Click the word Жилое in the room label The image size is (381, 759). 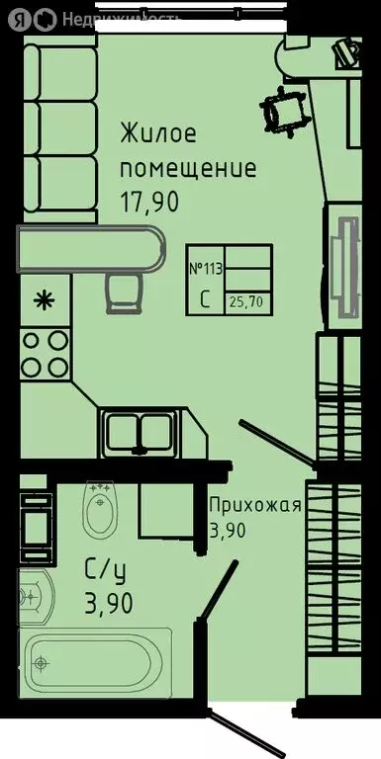click(x=158, y=131)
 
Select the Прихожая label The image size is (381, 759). click(x=254, y=506)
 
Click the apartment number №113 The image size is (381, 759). click(x=206, y=268)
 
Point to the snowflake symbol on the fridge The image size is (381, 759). click(x=45, y=299)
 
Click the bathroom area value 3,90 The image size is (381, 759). click(x=107, y=600)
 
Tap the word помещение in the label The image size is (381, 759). click(x=188, y=167)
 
